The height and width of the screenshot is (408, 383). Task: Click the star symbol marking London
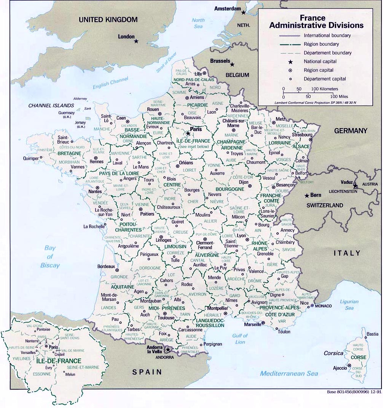(x=136, y=41)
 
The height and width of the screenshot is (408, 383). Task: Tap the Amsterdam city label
(x=228, y=8)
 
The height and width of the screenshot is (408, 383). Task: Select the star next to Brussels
(x=232, y=64)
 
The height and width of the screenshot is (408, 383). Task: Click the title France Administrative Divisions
(x=316, y=22)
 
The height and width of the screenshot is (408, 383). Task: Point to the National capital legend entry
(x=320, y=61)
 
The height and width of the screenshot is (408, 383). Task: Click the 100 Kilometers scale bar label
(x=324, y=89)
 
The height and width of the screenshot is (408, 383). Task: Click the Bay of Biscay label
(x=50, y=256)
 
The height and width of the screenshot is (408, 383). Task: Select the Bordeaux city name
(x=106, y=266)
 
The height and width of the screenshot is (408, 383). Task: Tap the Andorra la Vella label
(x=155, y=349)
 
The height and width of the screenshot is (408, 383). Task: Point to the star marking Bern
(x=306, y=196)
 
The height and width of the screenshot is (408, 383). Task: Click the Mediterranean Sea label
(x=289, y=374)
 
